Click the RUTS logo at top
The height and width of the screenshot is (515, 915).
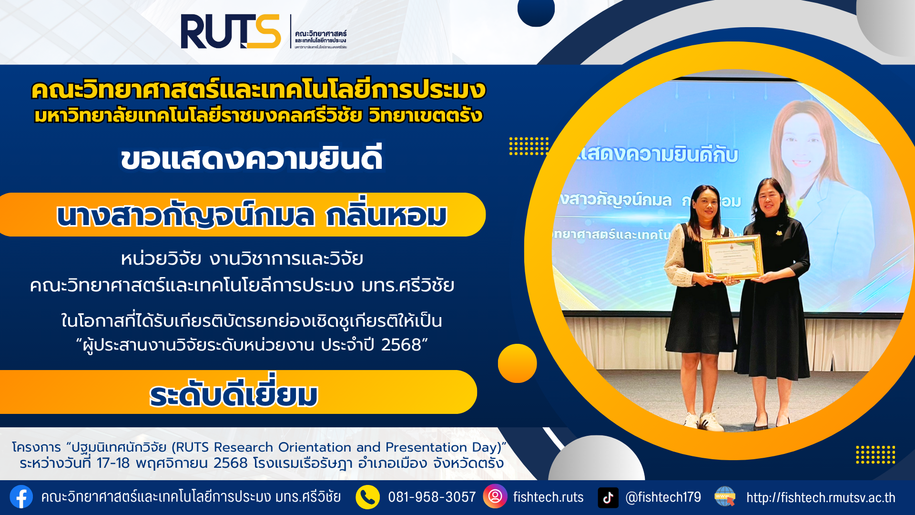pyautogui.click(x=231, y=31)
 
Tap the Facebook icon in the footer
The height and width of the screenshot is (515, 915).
pyautogui.click(x=21, y=497)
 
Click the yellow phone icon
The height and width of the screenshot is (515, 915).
pyautogui.click(x=367, y=497)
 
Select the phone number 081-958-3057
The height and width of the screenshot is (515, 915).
pyautogui.click(x=432, y=497)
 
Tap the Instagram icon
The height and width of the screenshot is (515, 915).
pyautogui.click(x=495, y=496)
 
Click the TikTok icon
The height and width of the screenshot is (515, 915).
pyautogui.click(x=608, y=497)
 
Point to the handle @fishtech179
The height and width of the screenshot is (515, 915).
pyautogui.click(x=663, y=497)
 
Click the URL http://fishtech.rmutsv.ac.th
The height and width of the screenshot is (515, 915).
pyautogui.click(x=821, y=497)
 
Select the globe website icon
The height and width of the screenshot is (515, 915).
pyautogui.click(x=725, y=496)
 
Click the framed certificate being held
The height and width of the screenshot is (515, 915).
pyautogui.click(x=732, y=257)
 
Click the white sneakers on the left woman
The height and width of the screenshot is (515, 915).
pyautogui.click(x=703, y=421)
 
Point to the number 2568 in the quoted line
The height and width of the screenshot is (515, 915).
pyautogui.click(x=401, y=345)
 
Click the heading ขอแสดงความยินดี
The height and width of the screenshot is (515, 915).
pyautogui.click(x=251, y=159)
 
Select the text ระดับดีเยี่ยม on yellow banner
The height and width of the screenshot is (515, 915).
pyautogui.click(x=234, y=395)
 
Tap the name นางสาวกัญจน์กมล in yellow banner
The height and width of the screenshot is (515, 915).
pyautogui.click(x=186, y=216)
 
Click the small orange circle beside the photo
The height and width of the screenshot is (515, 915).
pyautogui.click(x=517, y=363)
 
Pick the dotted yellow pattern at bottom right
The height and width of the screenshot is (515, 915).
pyautogui.click(x=875, y=454)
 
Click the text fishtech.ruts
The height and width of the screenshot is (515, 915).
pyautogui.click(x=548, y=497)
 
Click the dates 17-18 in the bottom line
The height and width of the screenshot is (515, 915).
pyautogui.click(x=113, y=463)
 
